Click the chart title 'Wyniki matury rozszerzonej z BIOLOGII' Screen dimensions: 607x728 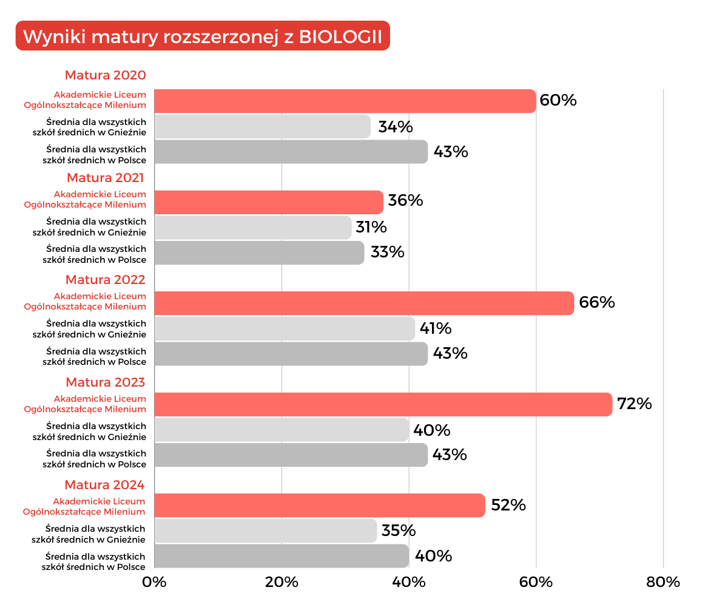(x=203, y=36)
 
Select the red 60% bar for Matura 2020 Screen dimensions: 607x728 (x=345, y=101)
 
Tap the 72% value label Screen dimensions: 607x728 (x=634, y=404)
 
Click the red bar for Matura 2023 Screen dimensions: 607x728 (x=383, y=404)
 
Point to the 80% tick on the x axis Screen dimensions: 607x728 (x=663, y=582)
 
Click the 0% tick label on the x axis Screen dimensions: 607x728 (x=154, y=582)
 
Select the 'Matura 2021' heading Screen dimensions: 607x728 (x=106, y=178)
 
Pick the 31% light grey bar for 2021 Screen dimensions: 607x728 (x=252, y=227)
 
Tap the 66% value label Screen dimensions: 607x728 (x=597, y=302)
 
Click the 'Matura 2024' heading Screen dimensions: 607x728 (x=105, y=485)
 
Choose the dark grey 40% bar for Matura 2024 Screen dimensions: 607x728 (x=281, y=556)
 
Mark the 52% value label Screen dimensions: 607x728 (x=508, y=505)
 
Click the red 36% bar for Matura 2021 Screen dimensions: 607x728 (x=268, y=202)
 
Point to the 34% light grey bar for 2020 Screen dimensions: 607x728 (x=262, y=126)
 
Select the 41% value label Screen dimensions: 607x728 (x=436, y=328)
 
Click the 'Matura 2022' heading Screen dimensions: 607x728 (x=106, y=280)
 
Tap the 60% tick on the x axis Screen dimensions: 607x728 (x=536, y=582)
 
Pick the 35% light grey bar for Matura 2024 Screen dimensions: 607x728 (x=265, y=531)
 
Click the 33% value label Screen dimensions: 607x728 (x=387, y=252)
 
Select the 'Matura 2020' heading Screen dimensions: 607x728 (x=106, y=75)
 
